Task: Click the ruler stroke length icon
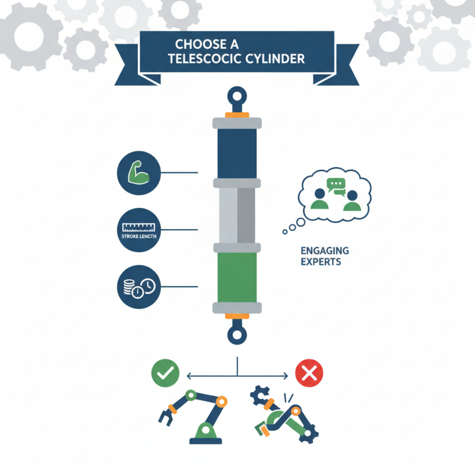pyautogui.click(x=137, y=229)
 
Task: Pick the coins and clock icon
pyautogui.click(x=137, y=287)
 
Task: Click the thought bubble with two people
pyautogui.click(x=334, y=195)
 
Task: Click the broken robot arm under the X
pyautogui.click(x=285, y=416)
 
